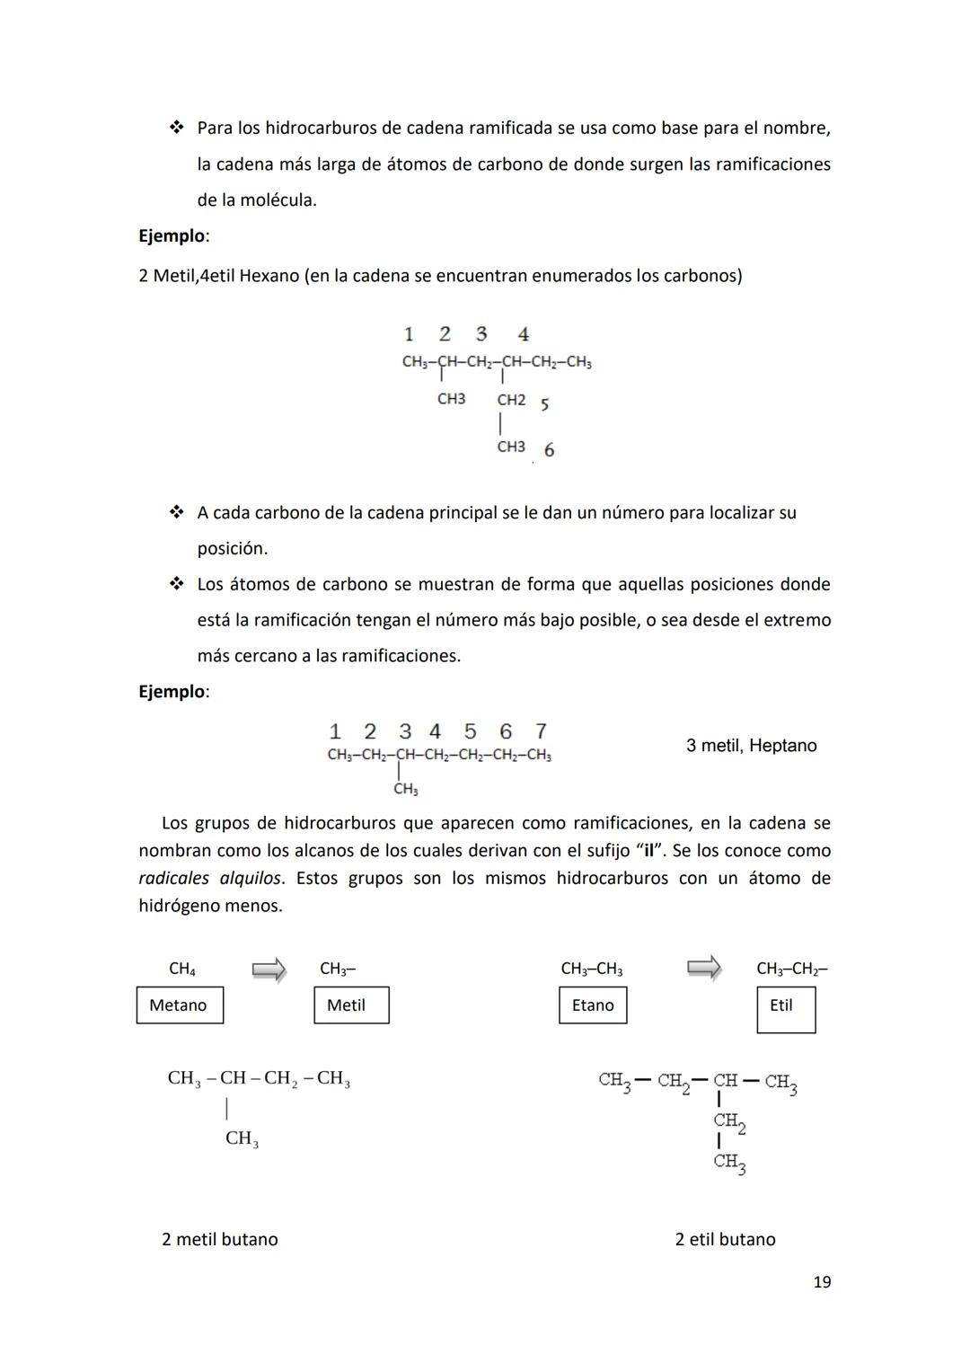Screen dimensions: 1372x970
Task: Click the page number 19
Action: [x=821, y=1282]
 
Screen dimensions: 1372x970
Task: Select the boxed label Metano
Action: [x=179, y=1005]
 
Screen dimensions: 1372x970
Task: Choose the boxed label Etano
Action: [x=593, y=1005]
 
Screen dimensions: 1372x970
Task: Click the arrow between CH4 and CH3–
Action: [x=269, y=969]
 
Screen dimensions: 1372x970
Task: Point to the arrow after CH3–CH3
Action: [x=703, y=968]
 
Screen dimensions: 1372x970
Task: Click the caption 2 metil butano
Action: [x=219, y=1239]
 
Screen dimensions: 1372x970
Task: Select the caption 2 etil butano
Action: [x=725, y=1239]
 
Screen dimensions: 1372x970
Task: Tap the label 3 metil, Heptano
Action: [x=751, y=746]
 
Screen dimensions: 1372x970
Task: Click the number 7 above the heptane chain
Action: [x=541, y=731]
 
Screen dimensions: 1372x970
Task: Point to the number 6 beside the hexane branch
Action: [x=549, y=450]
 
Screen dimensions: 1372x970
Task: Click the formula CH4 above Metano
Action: [x=182, y=969]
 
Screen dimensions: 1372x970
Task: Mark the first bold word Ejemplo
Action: [x=172, y=236]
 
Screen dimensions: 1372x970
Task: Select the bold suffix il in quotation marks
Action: [x=648, y=851]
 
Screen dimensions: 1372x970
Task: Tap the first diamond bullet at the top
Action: [x=176, y=128]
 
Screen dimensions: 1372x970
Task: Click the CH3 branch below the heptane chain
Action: [x=405, y=790]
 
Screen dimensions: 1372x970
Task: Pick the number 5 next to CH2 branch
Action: [x=544, y=404]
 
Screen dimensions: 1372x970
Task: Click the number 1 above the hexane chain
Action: [x=409, y=334]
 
